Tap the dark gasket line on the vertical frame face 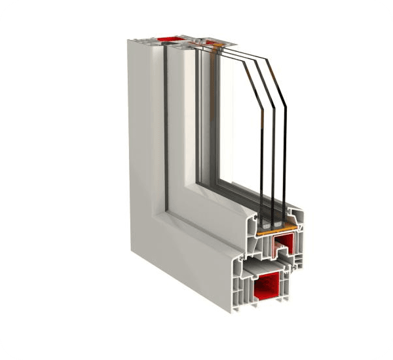pos(165,131)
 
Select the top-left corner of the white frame pos(129,41)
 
